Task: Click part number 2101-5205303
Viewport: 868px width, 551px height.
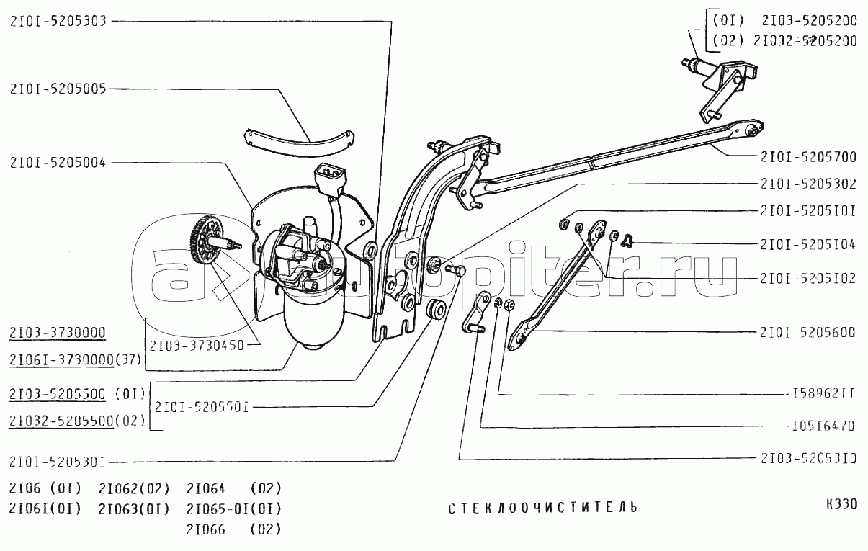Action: click(58, 21)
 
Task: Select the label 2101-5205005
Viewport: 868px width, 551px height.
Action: click(58, 89)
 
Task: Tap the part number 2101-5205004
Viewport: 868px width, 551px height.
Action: click(58, 163)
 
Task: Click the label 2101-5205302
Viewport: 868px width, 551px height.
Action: click(807, 184)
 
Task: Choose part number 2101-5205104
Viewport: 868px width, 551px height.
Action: click(807, 244)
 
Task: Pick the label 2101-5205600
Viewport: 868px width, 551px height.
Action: click(807, 332)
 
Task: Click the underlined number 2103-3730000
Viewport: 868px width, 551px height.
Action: click(58, 333)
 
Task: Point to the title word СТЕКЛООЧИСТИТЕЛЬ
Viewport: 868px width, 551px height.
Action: click(542, 508)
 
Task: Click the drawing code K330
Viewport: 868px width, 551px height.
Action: click(841, 504)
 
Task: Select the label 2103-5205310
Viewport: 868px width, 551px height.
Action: click(807, 457)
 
